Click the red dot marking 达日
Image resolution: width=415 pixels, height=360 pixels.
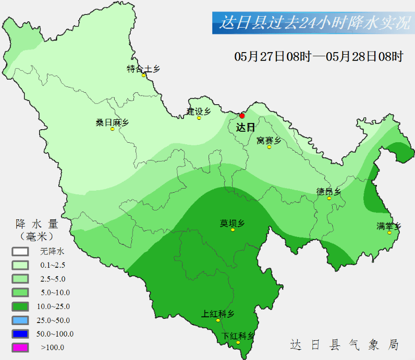pyautogui.click(x=242, y=116)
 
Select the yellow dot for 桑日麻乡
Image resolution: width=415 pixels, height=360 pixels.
pyautogui.click(x=112, y=129)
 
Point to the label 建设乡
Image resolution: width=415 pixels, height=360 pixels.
pyautogui.click(x=199, y=111)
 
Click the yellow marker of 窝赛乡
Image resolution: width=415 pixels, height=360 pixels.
pyautogui.click(x=270, y=147)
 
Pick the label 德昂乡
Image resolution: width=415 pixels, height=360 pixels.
pyautogui.click(x=328, y=192)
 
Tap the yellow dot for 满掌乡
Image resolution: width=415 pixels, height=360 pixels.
pyautogui.click(x=389, y=232)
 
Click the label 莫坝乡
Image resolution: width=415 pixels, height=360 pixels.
pyautogui.click(x=233, y=224)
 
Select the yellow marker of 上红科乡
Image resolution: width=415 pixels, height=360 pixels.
pyautogui.click(x=218, y=320)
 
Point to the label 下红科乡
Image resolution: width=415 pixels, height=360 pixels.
pyautogui.click(x=238, y=336)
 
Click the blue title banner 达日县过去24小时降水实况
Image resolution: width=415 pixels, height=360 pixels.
pyautogui.click(x=313, y=23)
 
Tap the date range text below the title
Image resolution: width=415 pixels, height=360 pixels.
pyautogui.click(x=319, y=56)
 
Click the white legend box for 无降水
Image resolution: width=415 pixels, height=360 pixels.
pyautogui.click(x=20, y=251)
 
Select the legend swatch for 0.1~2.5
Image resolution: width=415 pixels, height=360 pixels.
pyautogui.click(x=20, y=265)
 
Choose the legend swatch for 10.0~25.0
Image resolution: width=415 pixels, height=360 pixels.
pyautogui.click(x=20, y=306)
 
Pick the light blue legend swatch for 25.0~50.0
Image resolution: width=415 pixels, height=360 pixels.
pyautogui.click(x=20, y=320)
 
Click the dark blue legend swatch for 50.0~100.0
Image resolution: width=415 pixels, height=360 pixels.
pyautogui.click(x=20, y=334)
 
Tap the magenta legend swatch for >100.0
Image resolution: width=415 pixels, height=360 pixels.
pyautogui.click(x=20, y=347)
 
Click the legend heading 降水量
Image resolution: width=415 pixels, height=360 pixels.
pyautogui.click(x=36, y=225)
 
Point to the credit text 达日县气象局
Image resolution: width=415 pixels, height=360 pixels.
pyautogui.click(x=345, y=344)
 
